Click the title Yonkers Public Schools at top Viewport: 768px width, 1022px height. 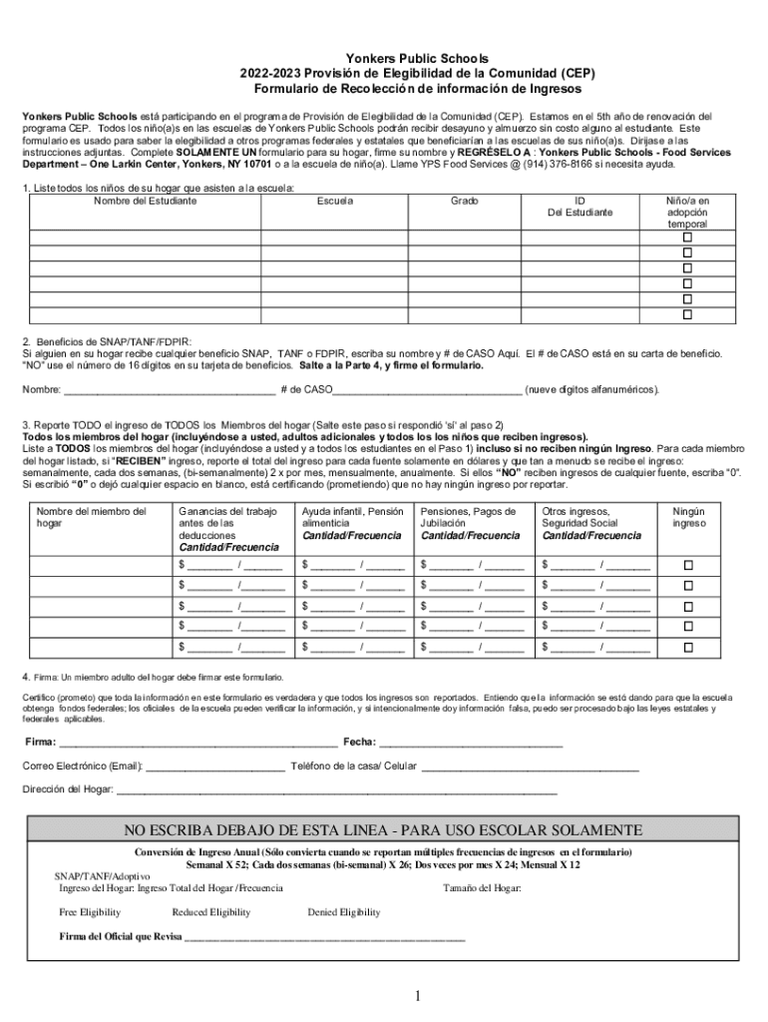tap(383, 59)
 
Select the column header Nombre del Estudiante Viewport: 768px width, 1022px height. tap(146, 201)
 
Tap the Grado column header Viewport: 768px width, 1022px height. tap(464, 201)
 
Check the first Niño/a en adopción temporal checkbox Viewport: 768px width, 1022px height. tap(687, 239)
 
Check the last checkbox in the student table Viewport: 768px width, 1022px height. tap(687, 314)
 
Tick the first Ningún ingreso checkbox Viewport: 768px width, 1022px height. tap(687, 565)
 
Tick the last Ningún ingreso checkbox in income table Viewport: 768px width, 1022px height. tap(687, 647)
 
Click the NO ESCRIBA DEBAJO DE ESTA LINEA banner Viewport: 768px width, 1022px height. tap(383, 830)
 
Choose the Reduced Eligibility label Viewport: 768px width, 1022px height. tap(210, 912)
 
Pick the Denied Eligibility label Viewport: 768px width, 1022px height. tap(343, 912)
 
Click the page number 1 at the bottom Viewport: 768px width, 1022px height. tap(419, 996)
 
